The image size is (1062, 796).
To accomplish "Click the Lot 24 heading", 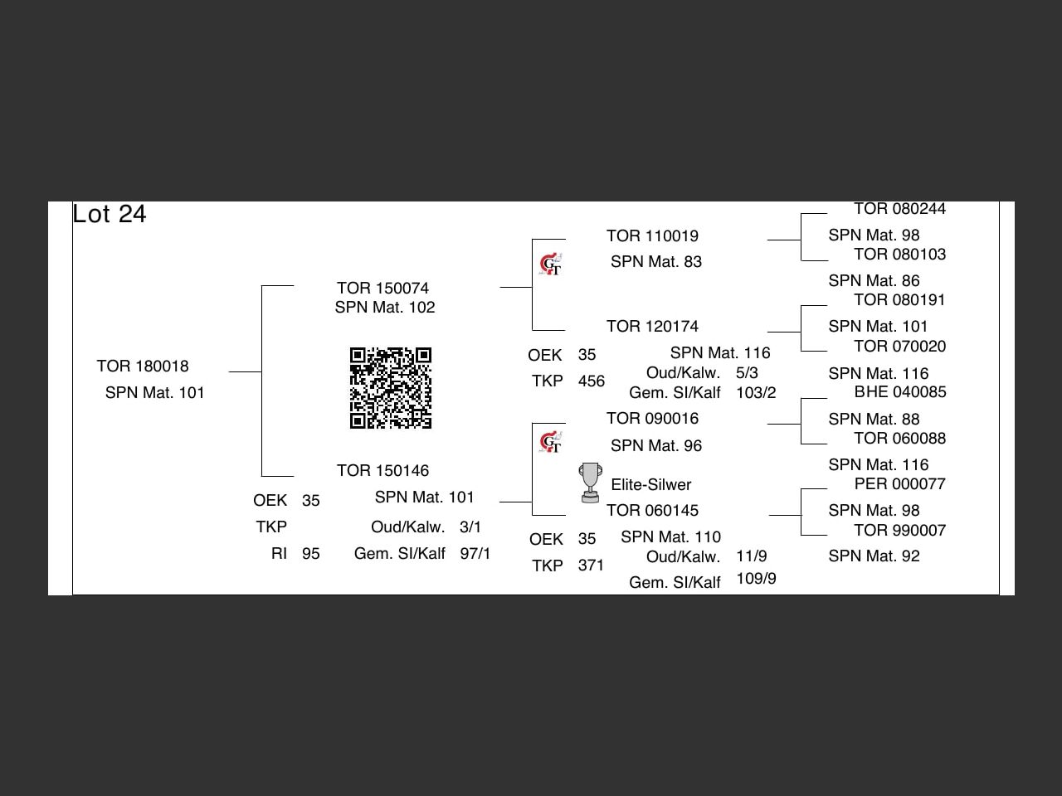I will pyautogui.click(x=110, y=214).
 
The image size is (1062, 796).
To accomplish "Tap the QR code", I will pyautogui.click(x=391, y=388).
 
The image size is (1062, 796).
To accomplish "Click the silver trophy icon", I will pyautogui.click(x=590, y=483).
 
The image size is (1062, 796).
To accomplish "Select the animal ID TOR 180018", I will pyautogui.click(x=143, y=366).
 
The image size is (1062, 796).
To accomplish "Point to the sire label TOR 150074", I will pyautogui.click(x=382, y=288).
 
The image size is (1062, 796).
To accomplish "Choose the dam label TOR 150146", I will pyautogui.click(x=382, y=470).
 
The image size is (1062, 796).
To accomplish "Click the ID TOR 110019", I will pyautogui.click(x=652, y=235).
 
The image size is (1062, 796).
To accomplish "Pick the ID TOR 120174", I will pyautogui.click(x=652, y=326).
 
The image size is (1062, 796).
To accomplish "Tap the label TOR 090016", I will pyautogui.click(x=652, y=418).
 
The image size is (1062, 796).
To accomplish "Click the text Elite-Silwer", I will pyautogui.click(x=651, y=484).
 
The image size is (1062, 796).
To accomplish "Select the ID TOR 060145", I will pyautogui.click(x=652, y=510).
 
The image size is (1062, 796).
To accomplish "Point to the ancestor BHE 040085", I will pyautogui.click(x=900, y=391).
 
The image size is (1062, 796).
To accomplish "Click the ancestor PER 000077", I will pyautogui.click(x=900, y=483).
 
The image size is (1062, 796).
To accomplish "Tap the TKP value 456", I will pyautogui.click(x=592, y=381).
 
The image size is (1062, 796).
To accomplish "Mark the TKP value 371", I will pyautogui.click(x=592, y=565).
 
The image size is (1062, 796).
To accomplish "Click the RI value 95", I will pyautogui.click(x=311, y=553).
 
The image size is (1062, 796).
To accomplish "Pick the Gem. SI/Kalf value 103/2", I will pyautogui.click(x=756, y=392).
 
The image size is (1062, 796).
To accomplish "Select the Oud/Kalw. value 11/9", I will pyautogui.click(x=752, y=556).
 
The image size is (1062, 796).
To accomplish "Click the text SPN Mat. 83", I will pyautogui.click(x=656, y=261).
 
